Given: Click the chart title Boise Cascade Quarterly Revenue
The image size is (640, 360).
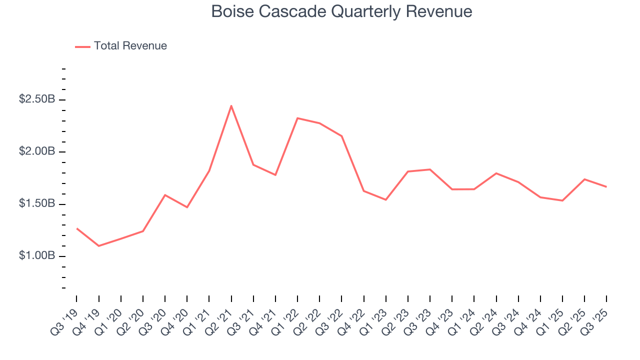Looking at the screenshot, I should (341, 11).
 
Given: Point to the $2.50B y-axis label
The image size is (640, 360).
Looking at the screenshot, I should (37, 99).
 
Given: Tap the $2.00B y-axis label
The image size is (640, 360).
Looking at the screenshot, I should (37, 151).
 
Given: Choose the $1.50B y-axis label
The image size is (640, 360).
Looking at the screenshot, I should (37, 203).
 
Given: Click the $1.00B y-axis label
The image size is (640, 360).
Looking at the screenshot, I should (37, 255).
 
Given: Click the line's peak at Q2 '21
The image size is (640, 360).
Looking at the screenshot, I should (231, 105).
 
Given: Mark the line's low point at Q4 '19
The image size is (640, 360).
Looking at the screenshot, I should (98, 246).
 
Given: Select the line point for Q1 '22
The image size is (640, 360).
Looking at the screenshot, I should (297, 118).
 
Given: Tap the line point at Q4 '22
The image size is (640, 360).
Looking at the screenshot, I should (363, 191).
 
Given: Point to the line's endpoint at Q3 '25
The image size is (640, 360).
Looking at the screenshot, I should (606, 187).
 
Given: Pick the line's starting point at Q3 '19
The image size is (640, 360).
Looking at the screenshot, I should (76, 228).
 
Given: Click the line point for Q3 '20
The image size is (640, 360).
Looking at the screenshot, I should (165, 195).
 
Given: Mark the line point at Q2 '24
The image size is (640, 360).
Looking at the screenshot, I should (496, 173).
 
